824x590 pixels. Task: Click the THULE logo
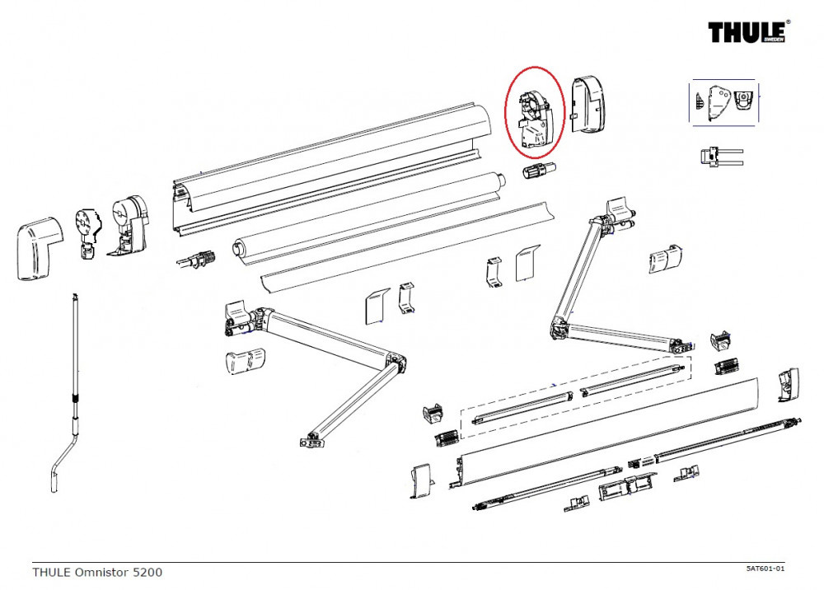tap(748, 31)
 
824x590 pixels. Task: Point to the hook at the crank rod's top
tap(75, 296)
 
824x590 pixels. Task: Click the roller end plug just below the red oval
tap(538, 171)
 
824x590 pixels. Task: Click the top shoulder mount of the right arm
tap(619, 211)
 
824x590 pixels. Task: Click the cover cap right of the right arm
tap(665, 259)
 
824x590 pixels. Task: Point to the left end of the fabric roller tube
tap(239, 247)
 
